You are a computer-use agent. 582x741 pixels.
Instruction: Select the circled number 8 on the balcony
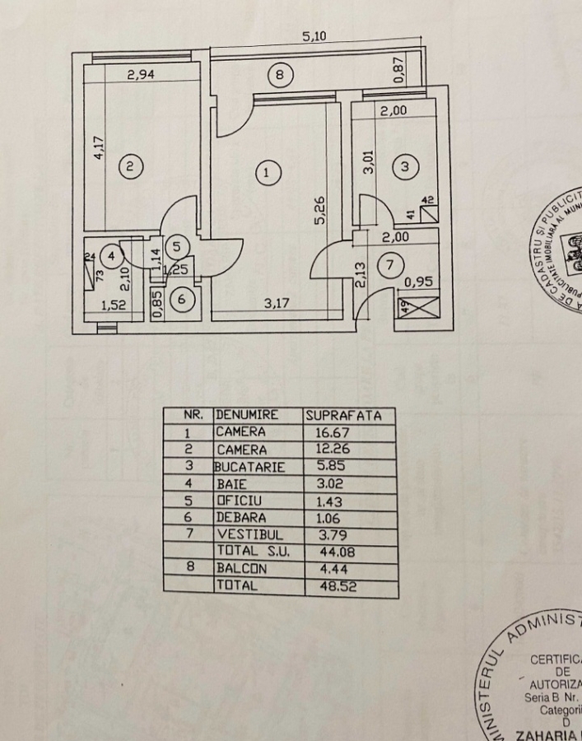pyautogui.click(x=280, y=77)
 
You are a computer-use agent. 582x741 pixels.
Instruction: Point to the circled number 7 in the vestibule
pyautogui.click(x=390, y=265)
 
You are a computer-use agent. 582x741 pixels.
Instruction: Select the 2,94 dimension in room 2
pyautogui.click(x=141, y=75)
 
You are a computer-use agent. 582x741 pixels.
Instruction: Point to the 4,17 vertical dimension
pyautogui.click(x=100, y=147)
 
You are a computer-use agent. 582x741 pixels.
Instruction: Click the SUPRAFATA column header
pyautogui.click(x=343, y=416)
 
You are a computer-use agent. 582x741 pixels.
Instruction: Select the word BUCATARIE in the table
pyautogui.click(x=250, y=467)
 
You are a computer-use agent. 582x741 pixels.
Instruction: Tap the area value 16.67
pyautogui.click(x=332, y=432)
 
